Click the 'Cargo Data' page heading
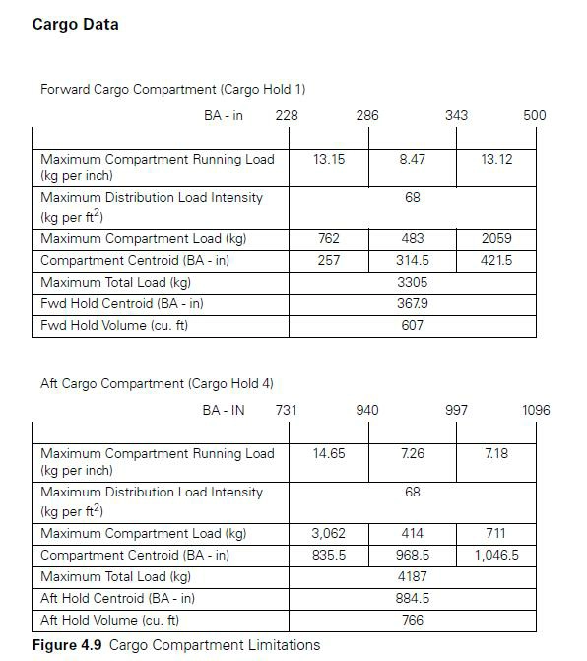tap(75, 25)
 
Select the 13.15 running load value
tap(329, 160)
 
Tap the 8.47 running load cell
tap(413, 160)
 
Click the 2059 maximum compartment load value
tap(496, 239)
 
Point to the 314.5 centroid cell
tap(413, 261)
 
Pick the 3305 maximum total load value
tap(413, 283)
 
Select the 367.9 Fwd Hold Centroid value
tap(413, 304)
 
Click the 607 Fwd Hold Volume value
tap(413, 325)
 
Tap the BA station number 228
tap(287, 115)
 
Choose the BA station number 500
tap(535, 115)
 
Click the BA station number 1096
tap(536, 410)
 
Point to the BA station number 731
tap(286, 410)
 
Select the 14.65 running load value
tap(329, 454)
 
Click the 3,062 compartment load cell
tap(329, 534)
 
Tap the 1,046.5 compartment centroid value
tap(496, 556)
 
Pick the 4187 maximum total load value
tap(413, 577)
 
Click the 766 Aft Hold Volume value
tap(413, 620)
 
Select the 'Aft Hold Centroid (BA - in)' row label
tap(117, 598)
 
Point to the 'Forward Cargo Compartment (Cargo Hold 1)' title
tap(172, 89)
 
